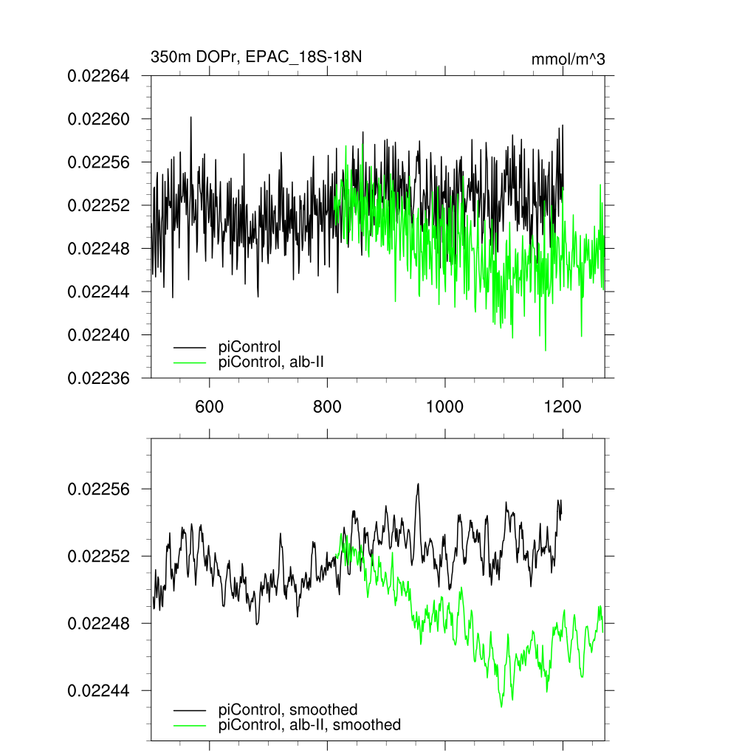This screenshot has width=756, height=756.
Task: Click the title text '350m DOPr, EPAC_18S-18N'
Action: (256, 58)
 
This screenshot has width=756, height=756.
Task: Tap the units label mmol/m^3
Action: (568, 60)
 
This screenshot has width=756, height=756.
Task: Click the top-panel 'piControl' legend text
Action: (250, 346)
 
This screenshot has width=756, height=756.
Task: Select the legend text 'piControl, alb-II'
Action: (272, 362)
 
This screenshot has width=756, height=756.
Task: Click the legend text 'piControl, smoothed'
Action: (288, 709)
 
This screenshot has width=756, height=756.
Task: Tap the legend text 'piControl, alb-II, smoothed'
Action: (310, 725)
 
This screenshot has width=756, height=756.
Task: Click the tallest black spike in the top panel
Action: (190, 117)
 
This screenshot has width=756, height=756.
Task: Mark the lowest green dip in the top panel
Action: (546, 350)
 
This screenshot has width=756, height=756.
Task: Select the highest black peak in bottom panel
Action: (418, 484)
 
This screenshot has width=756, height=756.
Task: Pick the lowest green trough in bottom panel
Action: (501, 707)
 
